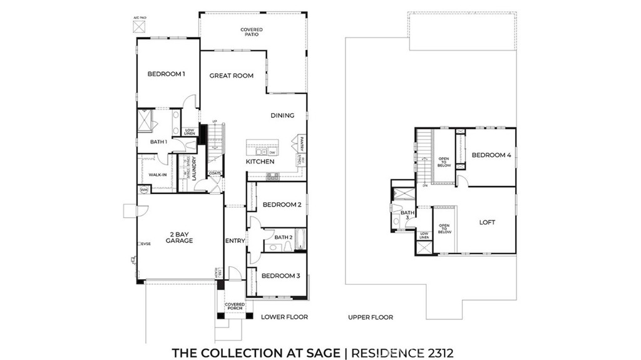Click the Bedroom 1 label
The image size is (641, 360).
166,75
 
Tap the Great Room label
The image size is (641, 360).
231,76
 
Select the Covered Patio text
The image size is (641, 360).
251,32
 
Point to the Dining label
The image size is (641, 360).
282,115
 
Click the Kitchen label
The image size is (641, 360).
260,162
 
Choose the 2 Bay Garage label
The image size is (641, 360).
180,237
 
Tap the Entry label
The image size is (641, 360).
235,240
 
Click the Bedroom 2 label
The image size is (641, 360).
282,205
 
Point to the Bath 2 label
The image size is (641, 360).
284,237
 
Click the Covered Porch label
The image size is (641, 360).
235,307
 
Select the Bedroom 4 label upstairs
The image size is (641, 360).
491,155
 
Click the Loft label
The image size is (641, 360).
487,222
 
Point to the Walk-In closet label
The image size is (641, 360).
157,175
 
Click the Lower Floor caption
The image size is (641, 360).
284,317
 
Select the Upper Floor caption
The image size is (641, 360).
371,317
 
